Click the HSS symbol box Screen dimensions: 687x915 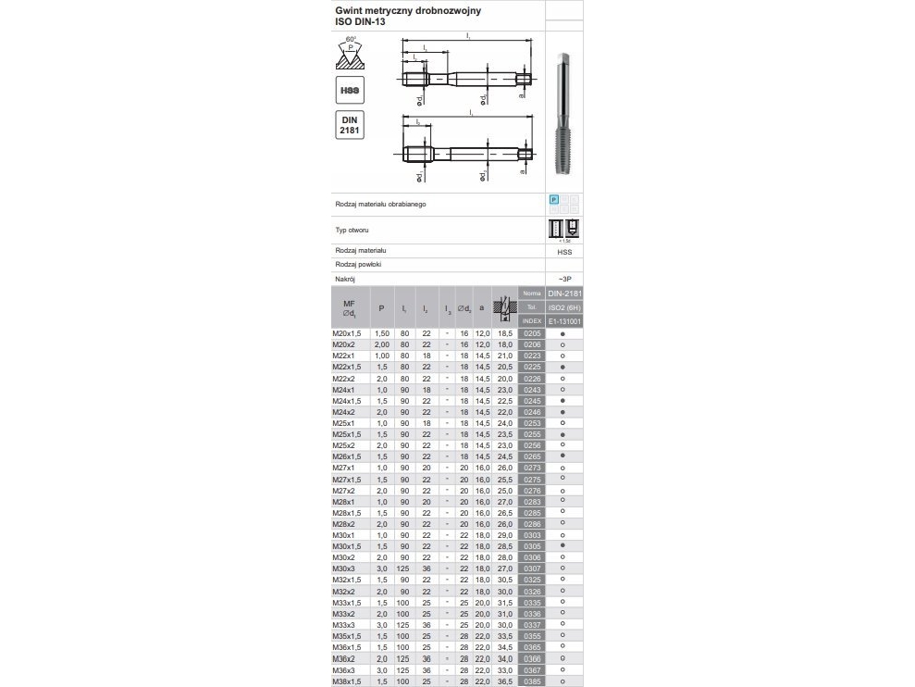[349, 91]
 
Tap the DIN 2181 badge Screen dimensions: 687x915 [349, 125]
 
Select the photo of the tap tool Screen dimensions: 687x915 [563, 112]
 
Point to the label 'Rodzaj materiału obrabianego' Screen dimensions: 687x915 [379, 204]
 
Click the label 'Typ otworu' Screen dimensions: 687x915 [352, 230]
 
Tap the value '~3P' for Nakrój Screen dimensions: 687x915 [564, 278]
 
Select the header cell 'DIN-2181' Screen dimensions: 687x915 [564, 294]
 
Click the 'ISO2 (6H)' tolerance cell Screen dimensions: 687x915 [564, 307]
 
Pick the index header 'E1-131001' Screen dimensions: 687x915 [564, 321]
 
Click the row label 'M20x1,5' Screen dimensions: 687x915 [348, 332]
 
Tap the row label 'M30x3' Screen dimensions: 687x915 [344, 568]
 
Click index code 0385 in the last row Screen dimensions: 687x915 [531, 681]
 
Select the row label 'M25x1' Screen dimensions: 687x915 [344, 423]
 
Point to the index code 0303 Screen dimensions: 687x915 [531, 535]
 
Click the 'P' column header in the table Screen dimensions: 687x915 [381, 307]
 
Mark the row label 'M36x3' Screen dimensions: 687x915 [344, 670]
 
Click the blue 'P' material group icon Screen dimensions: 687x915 [554, 199]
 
